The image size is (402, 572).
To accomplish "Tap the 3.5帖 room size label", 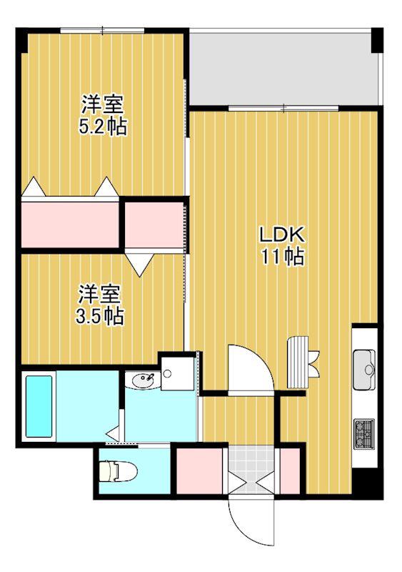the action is pos(99,316).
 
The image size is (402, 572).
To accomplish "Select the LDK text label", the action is pos(281,235).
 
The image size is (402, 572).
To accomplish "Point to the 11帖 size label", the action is pos(282,257).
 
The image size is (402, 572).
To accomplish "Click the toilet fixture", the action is pos(119,470).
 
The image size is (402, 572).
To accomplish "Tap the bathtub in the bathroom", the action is pos(39,406).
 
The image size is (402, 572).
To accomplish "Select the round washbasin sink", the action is pos(143,381).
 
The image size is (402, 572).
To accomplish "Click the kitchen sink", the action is pos(364,370).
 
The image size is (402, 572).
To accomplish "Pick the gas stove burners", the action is pos(364,433).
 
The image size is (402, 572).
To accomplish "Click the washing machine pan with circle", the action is pos(177,373).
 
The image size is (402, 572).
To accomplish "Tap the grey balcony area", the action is pos(283,69).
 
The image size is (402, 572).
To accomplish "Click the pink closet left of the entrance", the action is pos(199,471).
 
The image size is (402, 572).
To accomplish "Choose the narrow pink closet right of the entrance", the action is pos(289,471).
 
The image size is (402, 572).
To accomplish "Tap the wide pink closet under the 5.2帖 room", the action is pos(70,225).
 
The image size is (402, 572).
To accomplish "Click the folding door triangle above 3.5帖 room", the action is pos(139,265).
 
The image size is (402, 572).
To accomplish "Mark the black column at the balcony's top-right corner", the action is pos(377,40).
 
